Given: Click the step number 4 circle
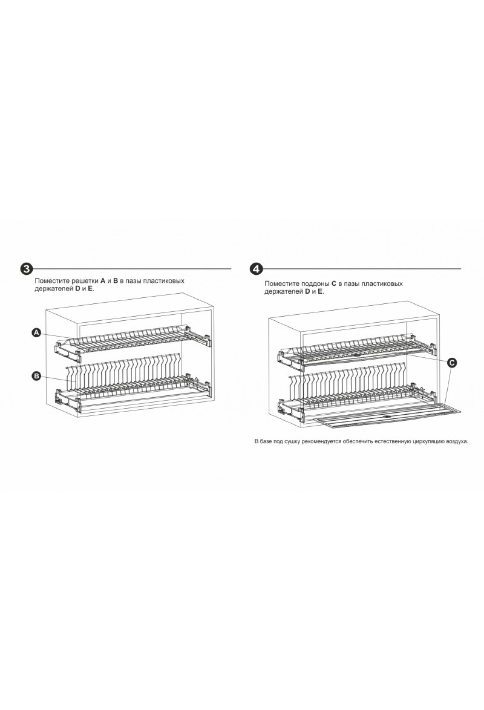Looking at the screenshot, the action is (x=256, y=269).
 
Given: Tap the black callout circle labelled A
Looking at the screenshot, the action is (x=37, y=332).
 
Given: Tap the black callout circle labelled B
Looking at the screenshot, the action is (x=37, y=376).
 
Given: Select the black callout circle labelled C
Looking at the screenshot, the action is (x=452, y=363).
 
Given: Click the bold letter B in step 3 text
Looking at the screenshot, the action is (x=115, y=281).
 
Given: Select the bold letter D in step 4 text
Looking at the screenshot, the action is (x=308, y=291).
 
